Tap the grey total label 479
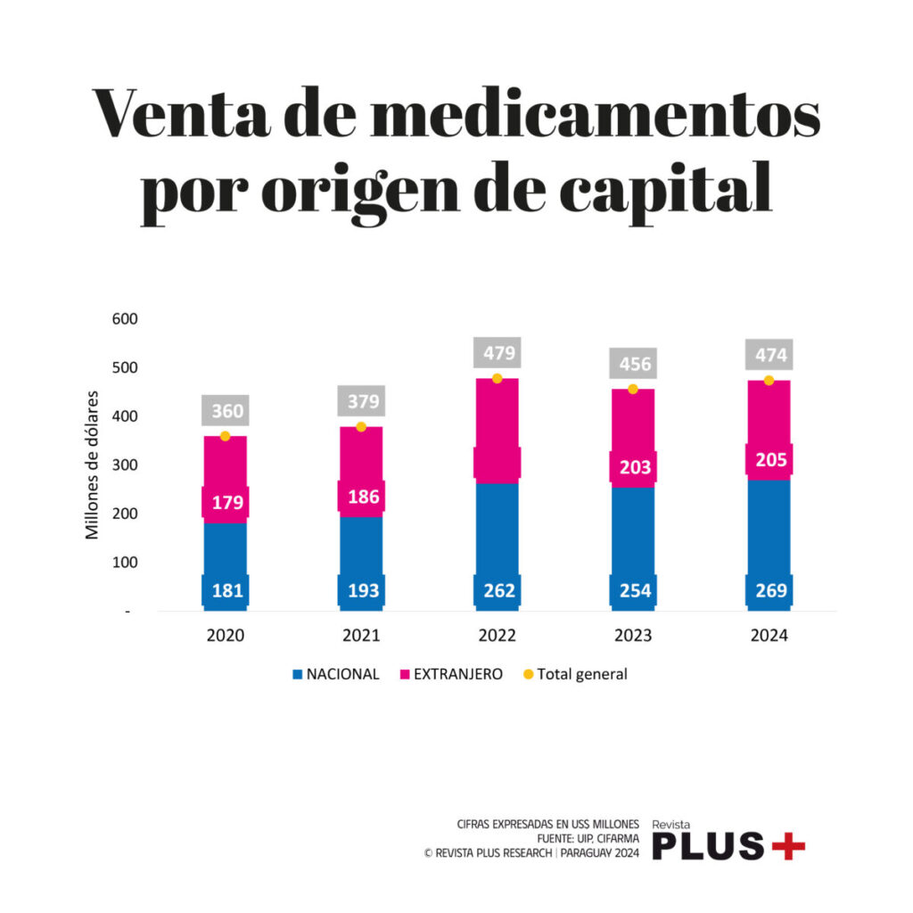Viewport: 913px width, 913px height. (x=498, y=352)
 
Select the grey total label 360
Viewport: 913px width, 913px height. (x=226, y=411)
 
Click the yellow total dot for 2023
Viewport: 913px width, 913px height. (x=633, y=389)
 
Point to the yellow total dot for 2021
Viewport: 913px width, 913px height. (x=361, y=427)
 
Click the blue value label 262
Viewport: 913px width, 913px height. (x=498, y=590)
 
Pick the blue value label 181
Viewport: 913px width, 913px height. (x=226, y=590)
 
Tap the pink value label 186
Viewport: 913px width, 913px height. (x=362, y=497)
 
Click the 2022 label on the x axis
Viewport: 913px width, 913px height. (x=498, y=637)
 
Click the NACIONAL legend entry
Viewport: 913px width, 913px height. (x=336, y=674)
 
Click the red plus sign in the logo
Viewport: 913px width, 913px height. (x=788, y=846)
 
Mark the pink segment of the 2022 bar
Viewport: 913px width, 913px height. (x=498, y=428)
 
